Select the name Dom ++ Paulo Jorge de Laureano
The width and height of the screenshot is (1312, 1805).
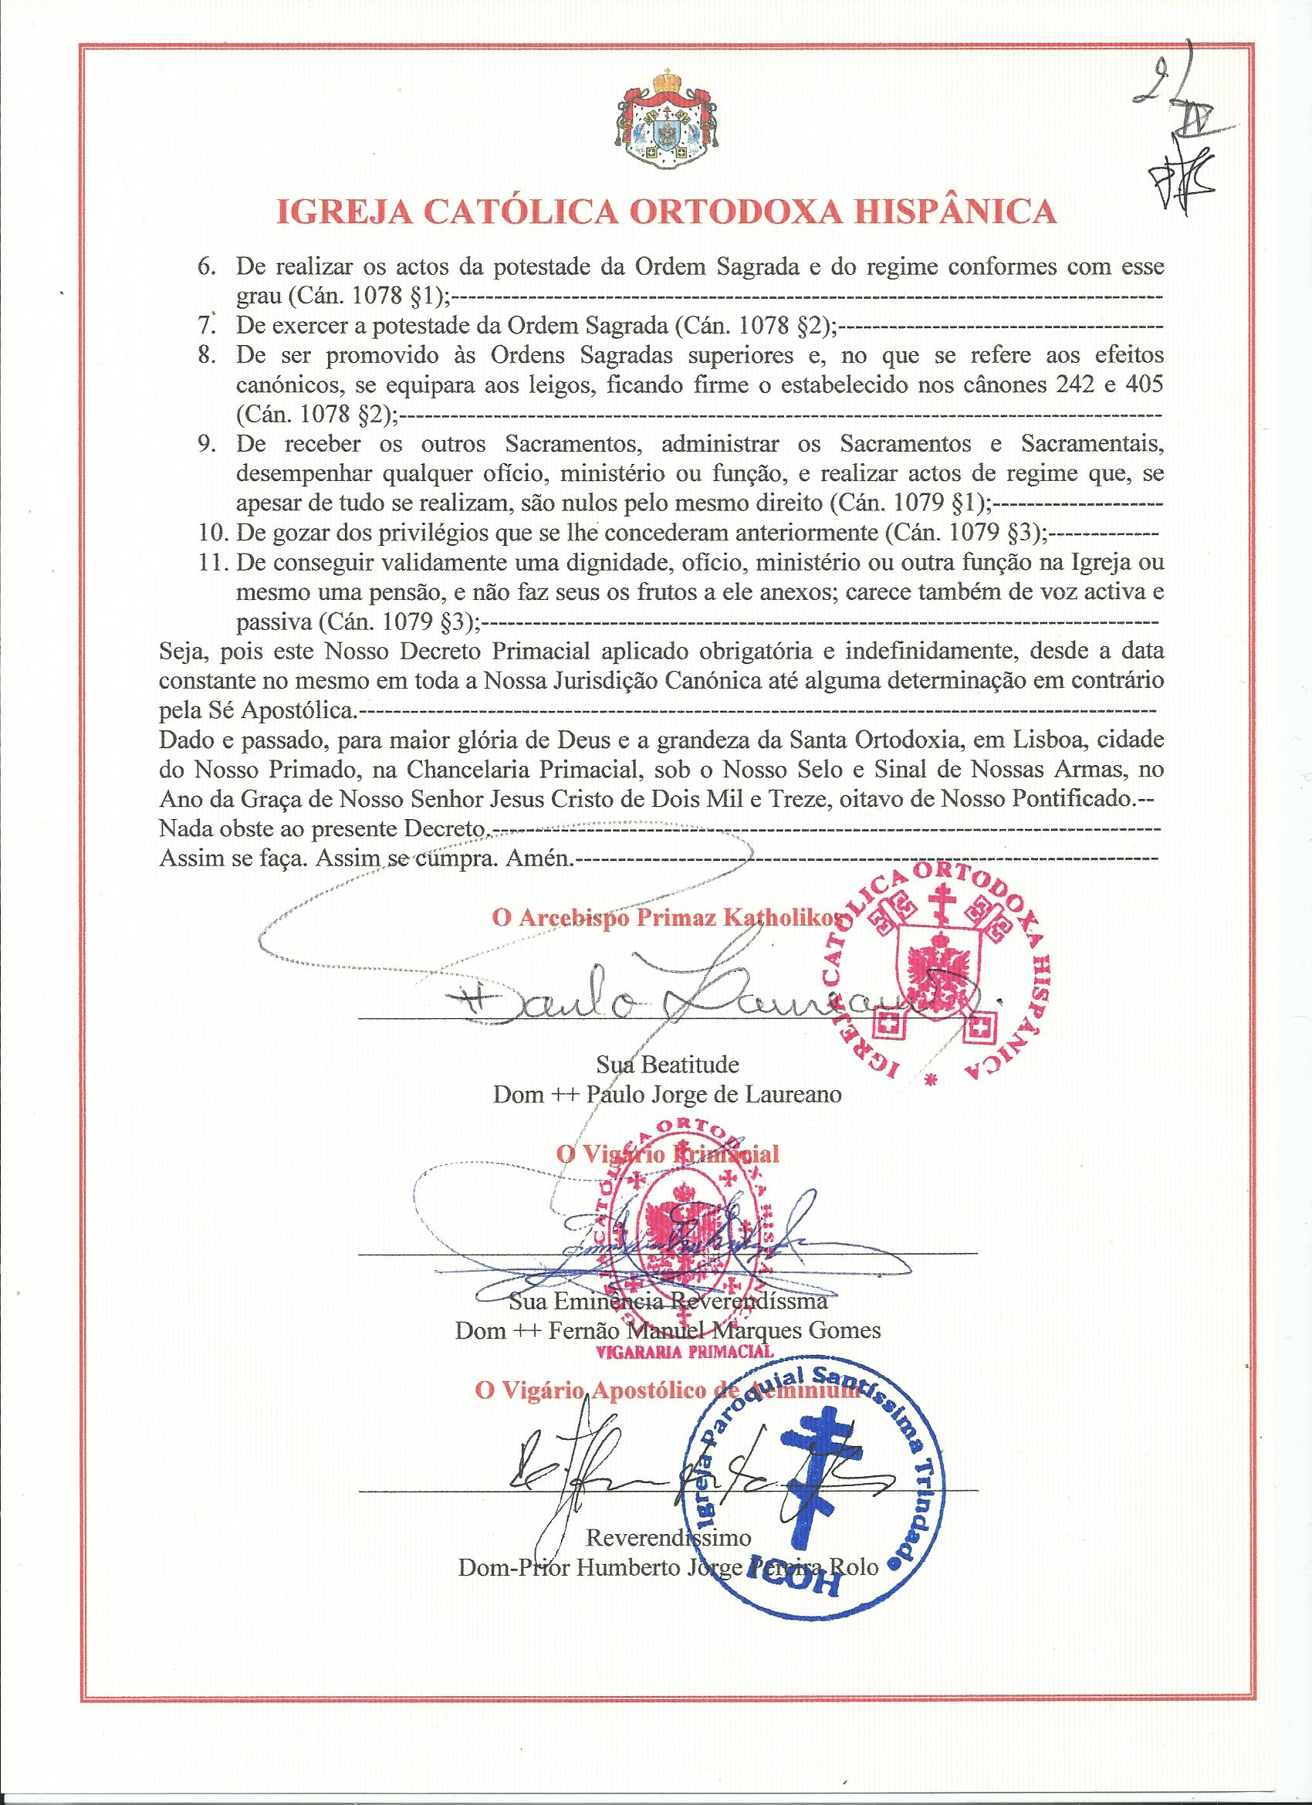click(x=667, y=1093)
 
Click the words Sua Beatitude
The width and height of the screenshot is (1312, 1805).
click(x=667, y=1064)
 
